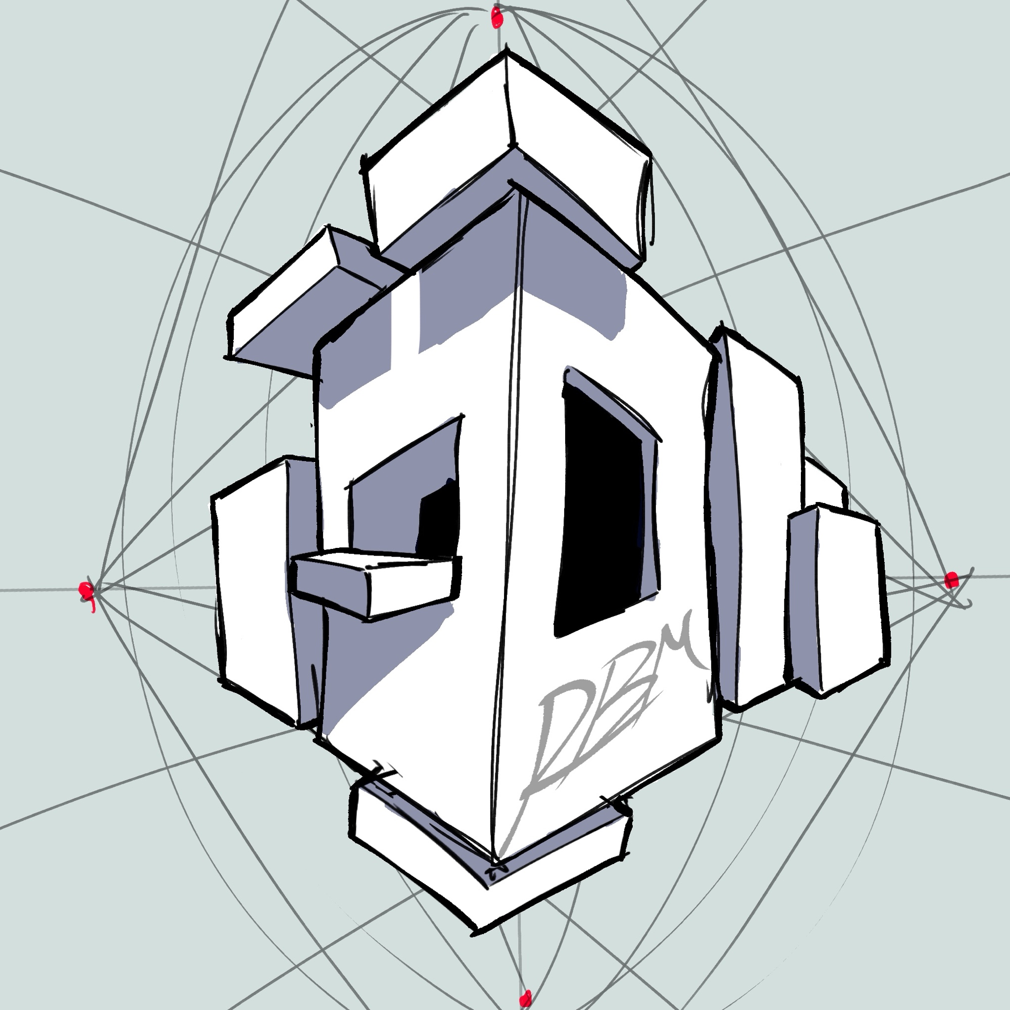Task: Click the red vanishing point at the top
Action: pos(496,17)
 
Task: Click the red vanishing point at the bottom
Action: pos(526,998)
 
